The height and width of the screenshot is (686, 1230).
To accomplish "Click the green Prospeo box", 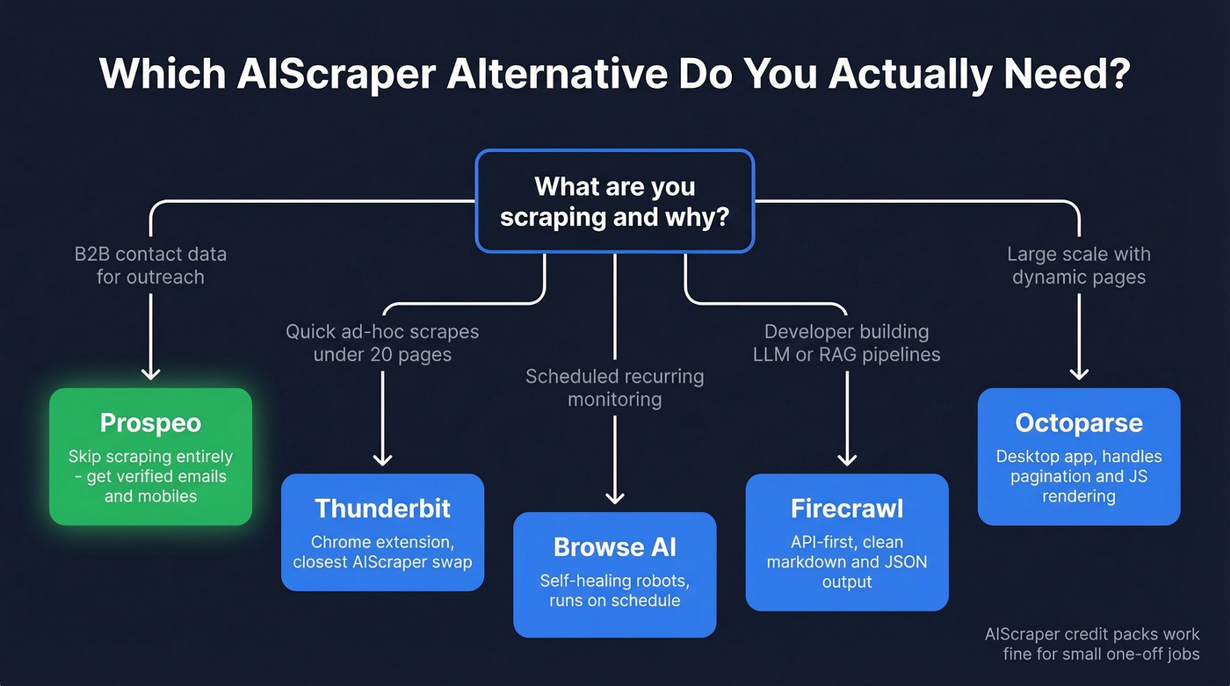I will pos(150,457).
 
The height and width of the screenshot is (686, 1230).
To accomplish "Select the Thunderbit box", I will pos(382,532).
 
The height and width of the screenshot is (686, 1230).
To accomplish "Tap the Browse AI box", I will pos(614,574).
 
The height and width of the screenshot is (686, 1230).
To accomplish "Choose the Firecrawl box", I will pos(846,542).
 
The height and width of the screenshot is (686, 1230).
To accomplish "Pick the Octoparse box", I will pos(1079,457).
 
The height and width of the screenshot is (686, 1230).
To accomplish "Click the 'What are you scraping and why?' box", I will pos(614,201).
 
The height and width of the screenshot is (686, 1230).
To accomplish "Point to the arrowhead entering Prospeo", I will pos(150,373).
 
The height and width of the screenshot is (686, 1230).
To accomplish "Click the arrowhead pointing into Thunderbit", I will pos(382,459).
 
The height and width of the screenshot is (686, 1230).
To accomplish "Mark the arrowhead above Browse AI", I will pos(614,497).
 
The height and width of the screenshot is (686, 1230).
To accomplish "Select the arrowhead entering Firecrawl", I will pos(846,459).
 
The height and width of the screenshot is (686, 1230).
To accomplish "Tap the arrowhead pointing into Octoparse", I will pos(1079,373).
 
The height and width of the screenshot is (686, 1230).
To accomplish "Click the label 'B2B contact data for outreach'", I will pos(150,265).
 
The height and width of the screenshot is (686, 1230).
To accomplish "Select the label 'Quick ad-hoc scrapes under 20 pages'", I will pos(382,343).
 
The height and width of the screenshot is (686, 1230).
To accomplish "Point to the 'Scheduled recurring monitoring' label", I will pos(614,387).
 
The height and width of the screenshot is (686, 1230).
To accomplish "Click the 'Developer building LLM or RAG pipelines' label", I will pos(846,343).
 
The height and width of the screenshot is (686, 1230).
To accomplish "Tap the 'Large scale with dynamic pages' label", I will pos(1079,265).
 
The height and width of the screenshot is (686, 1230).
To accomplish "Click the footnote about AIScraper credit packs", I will pos(1092,644).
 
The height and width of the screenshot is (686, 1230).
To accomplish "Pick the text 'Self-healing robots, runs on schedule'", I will pos(614,591).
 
